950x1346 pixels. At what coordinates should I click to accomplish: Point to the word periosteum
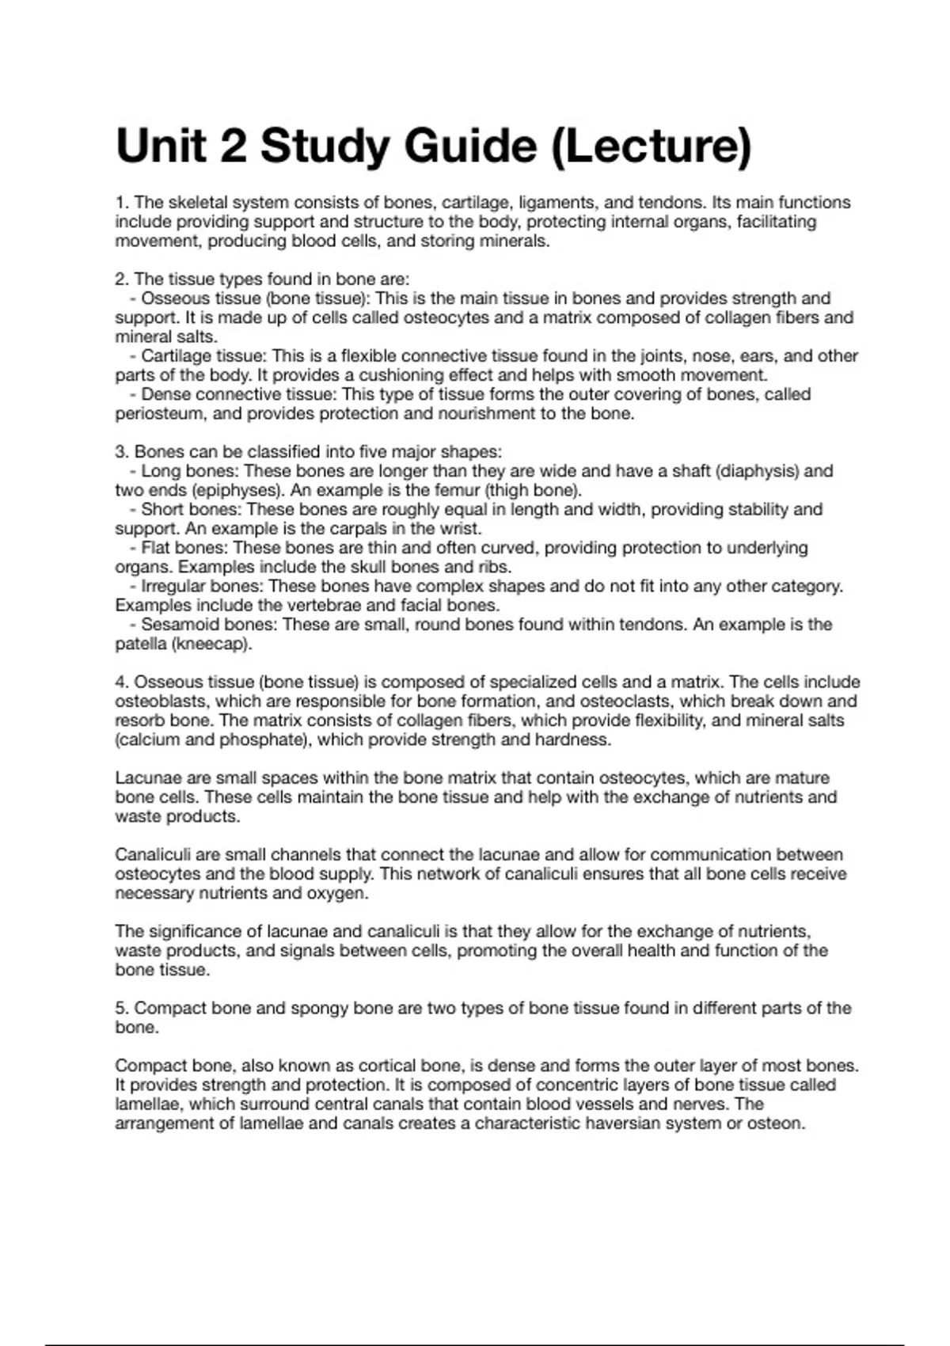pos(155,414)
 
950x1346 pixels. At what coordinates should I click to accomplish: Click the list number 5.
pos(121,1009)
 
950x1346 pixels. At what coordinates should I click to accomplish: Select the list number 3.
pos(121,452)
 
